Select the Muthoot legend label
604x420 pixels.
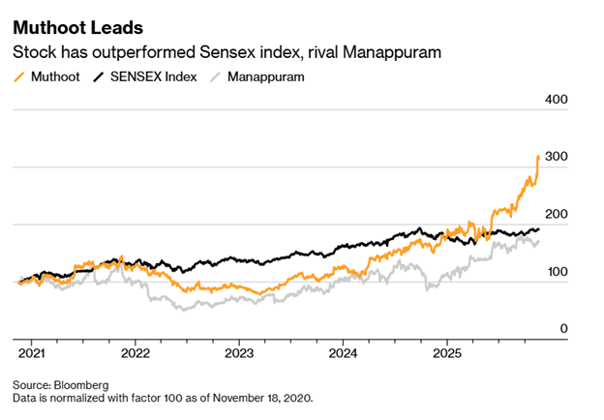(55, 75)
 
